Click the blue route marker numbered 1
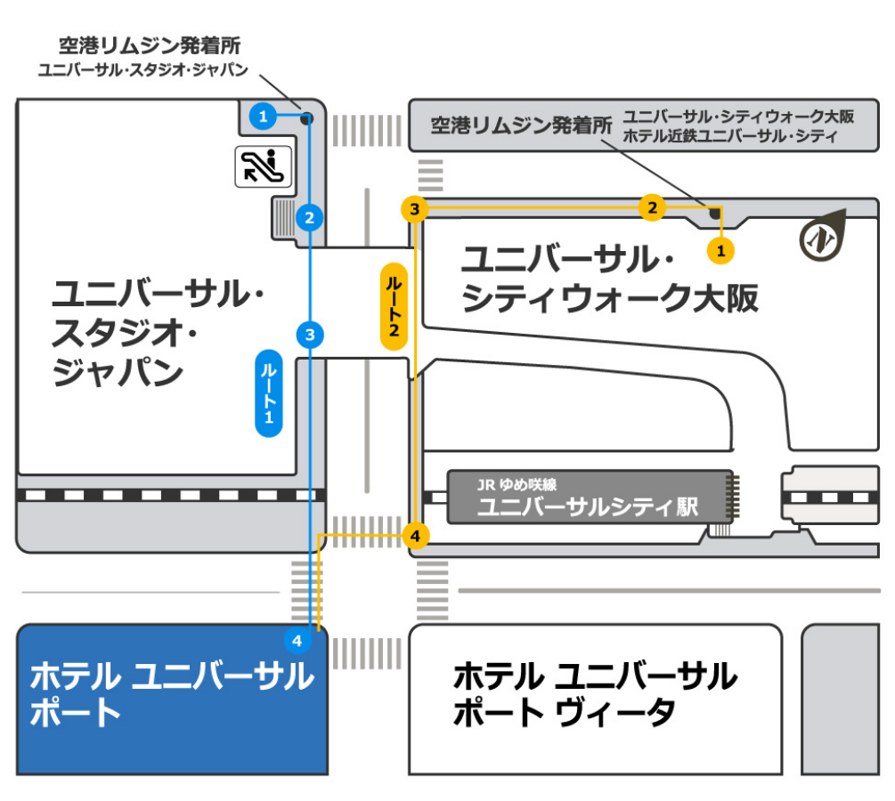(262, 115)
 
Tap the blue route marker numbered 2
(309, 216)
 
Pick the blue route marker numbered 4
(297, 640)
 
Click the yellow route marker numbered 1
(721, 251)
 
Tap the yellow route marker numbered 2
(652, 208)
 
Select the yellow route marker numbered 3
(415, 209)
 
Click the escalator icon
(264, 166)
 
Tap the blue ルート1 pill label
(269, 392)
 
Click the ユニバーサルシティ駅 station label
(588, 507)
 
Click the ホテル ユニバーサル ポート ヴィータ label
(595, 694)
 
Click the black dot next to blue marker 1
(305, 117)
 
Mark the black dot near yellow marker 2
(713, 212)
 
